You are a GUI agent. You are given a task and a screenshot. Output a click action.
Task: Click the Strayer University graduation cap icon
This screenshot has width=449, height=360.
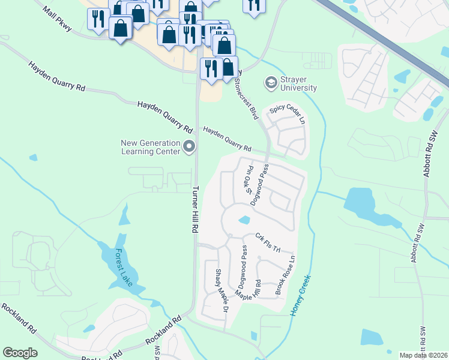[271, 80]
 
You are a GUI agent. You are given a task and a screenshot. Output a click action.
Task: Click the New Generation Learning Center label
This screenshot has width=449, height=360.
[150, 147]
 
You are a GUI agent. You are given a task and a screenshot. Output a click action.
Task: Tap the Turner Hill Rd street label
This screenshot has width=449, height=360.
[195, 209]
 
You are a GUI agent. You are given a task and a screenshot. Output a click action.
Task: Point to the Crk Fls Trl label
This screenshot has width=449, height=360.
[268, 242]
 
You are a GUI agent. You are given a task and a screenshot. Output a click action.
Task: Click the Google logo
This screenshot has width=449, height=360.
[20, 353]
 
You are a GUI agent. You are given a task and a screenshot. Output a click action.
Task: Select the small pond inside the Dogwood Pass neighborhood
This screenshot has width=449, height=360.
[244, 220]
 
